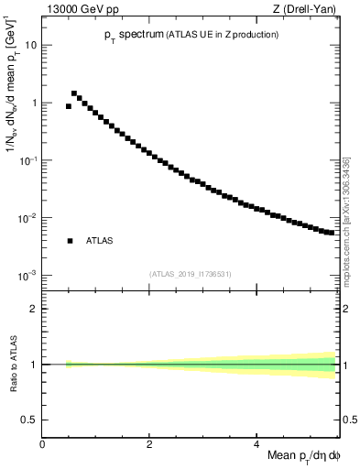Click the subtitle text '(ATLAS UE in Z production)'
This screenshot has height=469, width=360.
click(219, 35)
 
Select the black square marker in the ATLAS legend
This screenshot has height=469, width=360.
click(70, 241)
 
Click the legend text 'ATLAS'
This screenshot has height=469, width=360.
click(99, 241)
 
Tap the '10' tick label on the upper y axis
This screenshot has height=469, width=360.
click(30, 45)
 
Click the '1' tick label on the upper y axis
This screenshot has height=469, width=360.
click(33, 103)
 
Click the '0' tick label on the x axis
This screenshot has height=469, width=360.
click(42, 443)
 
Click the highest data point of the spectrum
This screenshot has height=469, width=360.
click(74, 93)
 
